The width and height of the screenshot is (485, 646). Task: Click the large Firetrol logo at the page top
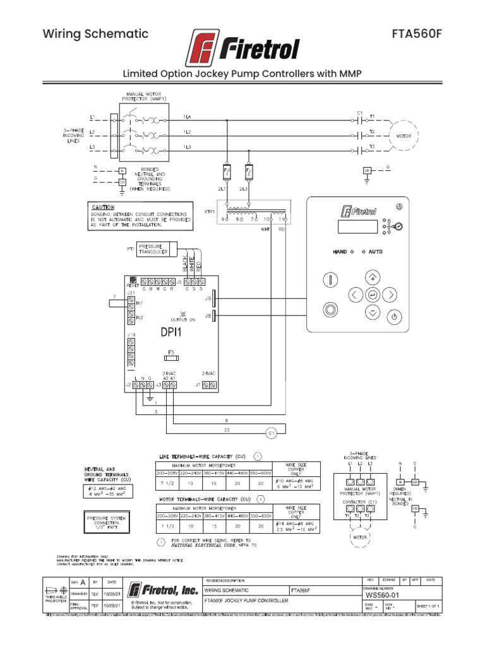tap(242, 47)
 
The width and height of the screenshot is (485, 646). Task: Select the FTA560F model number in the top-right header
tap(417, 34)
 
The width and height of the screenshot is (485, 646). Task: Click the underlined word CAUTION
tap(103, 207)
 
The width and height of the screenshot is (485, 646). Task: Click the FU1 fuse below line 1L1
tap(227, 172)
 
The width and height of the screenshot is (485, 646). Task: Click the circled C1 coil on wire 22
tap(270, 433)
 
